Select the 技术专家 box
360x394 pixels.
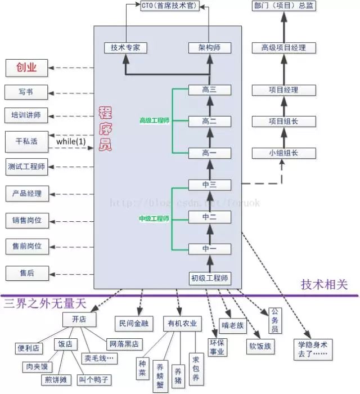pyautogui.click(x=126, y=48)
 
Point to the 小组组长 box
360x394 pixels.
pyautogui.click(x=283, y=153)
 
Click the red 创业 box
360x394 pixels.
pyautogui.click(x=26, y=68)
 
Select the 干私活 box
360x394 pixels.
pyautogui.click(x=26, y=141)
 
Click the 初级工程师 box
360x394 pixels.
pyautogui.click(x=209, y=278)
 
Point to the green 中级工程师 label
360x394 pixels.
pyautogui.click(x=154, y=218)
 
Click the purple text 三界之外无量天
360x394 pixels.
pyautogui.click(x=45, y=305)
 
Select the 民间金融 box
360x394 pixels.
pyautogui.click(x=133, y=323)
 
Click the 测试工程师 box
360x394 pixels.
pyautogui.click(x=26, y=167)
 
